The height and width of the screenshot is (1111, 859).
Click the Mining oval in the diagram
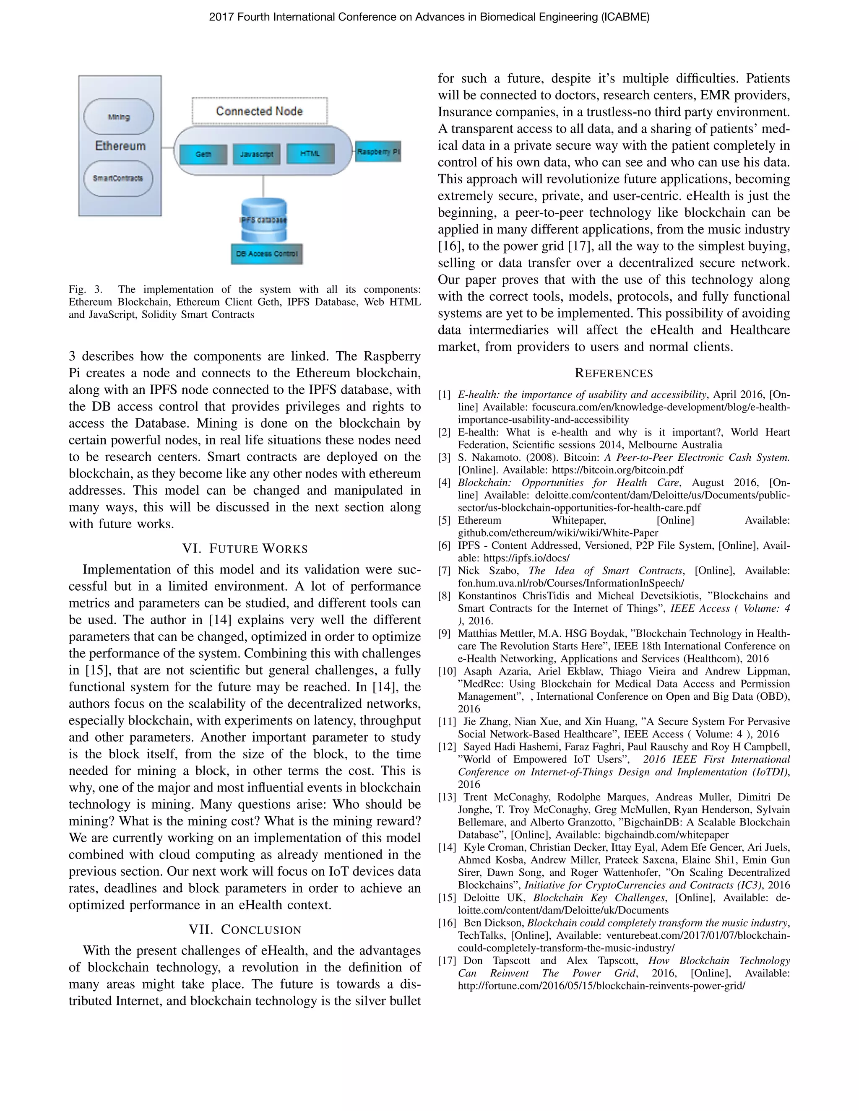pyautogui.click(x=119, y=117)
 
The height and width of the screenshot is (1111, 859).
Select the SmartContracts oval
pyautogui.click(x=118, y=179)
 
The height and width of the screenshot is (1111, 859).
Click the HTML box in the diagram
pyautogui.click(x=310, y=153)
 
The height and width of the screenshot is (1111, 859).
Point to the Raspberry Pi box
pyautogui.click(x=378, y=152)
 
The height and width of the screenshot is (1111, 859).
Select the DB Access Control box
pyautogui.click(x=267, y=254)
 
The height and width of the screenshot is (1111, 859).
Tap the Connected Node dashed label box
pyautogui.click(x=260, y=111)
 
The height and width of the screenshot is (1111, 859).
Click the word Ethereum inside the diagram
pyautogui.click(x=120, y=146)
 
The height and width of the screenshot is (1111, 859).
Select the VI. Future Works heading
pyautogui.click(x=245, y=548)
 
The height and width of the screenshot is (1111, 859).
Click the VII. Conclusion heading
pyautogui.click(x=245, y=929)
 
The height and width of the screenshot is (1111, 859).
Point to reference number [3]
pyautogui.click(x=445, y=457)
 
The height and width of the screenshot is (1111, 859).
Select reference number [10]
pyautogui.click(x=447, y=671)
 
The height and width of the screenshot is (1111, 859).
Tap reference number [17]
pyautogui.click(x=447, y=960)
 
